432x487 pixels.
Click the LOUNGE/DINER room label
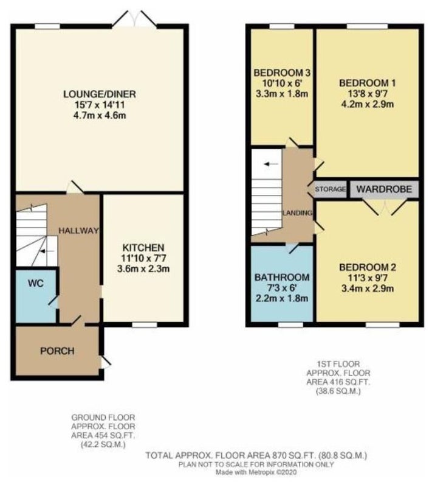point(100,94)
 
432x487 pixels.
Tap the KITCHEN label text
point(143,248)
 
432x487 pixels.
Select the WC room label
point(36,283)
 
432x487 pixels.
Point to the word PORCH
point(57,351)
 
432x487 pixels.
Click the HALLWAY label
point(78,231)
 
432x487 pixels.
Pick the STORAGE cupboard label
point(331,189)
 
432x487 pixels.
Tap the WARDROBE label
point(384,189)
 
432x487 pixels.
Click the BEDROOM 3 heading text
point(282,73)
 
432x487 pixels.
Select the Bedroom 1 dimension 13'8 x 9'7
point(368,94)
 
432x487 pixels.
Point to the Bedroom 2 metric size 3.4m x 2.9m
point(368,289)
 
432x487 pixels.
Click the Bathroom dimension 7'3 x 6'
point(282,288)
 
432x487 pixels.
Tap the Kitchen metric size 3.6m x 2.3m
point(143,268)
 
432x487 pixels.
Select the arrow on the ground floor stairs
point(47,251)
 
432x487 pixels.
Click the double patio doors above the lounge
point(134,19)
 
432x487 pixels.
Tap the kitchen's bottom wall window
point(145,325)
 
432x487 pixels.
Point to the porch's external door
point(105,362)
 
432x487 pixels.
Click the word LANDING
point(298,212)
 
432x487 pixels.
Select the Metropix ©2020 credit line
point(256,472)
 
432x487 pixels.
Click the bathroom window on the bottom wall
point(290,325)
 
